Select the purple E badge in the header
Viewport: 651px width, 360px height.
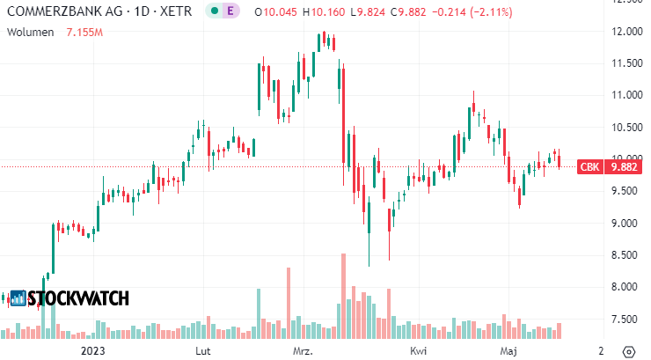pos(231,11)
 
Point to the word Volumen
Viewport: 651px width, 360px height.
pos(28,32)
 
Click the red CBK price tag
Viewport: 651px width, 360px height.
pos(589,166)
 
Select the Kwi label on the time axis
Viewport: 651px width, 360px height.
pos(418,350)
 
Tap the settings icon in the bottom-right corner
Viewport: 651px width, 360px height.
pos(629,350)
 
